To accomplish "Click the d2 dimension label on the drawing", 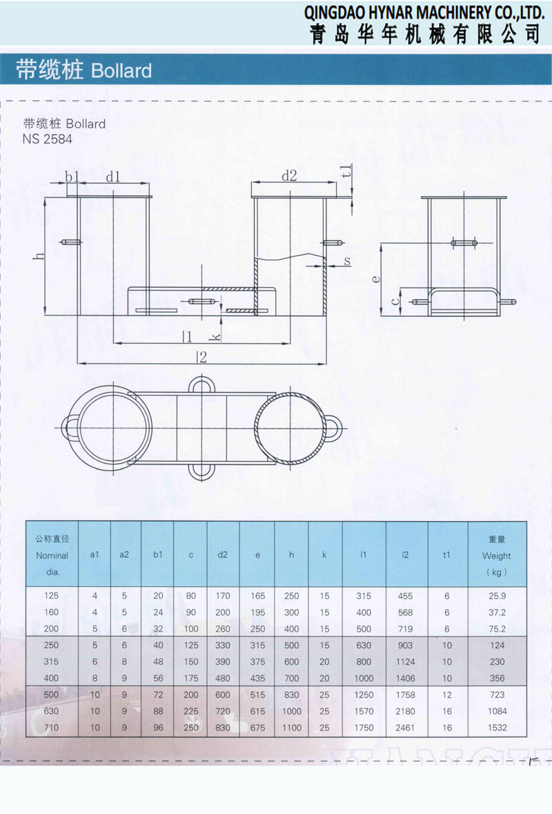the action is pyautogui.click(x=289, y=176).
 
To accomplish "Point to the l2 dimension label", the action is pyautogui.click(x=201, y=357).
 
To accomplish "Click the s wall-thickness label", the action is pyautogui.click(x=347, y=260).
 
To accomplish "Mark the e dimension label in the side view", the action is pyautogui.click(x=376, y=279).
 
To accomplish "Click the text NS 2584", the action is pyautogui.click(x=47, y=139).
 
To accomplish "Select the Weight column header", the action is pyautogui.click(x=497, y=556).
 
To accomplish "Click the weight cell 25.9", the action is pyautogui.click(x=497, y=596).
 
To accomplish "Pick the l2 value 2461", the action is pyautogui.click(x=405, y=728).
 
